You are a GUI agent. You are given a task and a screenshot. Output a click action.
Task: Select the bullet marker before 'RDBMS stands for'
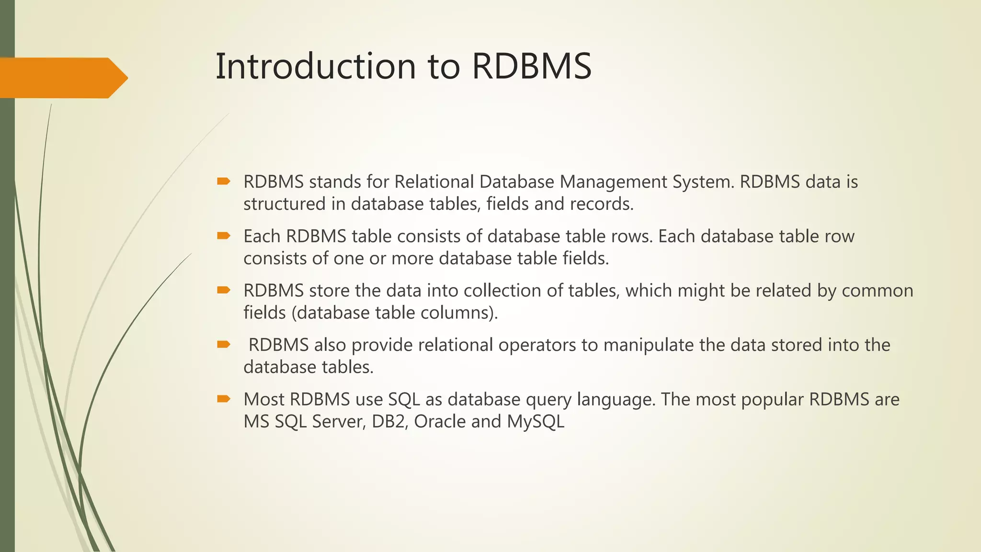click(223, 181)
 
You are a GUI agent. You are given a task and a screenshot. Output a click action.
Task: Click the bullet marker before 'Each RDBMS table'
click(223, 235)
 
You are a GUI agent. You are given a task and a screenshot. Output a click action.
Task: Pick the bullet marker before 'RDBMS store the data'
click(223, 290)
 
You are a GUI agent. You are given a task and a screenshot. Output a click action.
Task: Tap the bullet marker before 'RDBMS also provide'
click(223, 344)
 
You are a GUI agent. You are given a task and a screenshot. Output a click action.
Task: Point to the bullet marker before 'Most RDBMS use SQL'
click(223, 399)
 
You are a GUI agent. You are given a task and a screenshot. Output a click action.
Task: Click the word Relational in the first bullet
click(434, 182)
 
